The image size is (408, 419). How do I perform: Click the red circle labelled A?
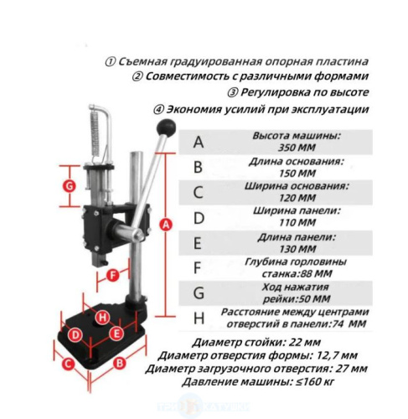[x=166, y=225]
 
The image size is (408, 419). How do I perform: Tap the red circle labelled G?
[x=69, y=186]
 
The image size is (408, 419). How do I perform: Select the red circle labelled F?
[x=113, y=276]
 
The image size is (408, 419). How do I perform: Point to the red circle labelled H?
[x=102, y=318]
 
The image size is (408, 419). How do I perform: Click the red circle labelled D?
[x=75, y=335]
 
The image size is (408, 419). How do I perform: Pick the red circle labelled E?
[x=116, y=334]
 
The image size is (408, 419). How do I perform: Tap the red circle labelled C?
[x=68, y=365]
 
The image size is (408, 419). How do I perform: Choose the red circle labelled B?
[x=119, y=364]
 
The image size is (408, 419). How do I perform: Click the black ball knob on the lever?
[x=166, y=128]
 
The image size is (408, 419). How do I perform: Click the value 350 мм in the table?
[x=297, y=147]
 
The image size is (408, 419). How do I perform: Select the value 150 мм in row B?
[x=297, y=173]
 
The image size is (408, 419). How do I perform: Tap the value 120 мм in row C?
[x=297, y=198]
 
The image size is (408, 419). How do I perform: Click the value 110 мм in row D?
[x=297, y=223]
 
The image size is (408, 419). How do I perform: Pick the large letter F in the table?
[x=197, y=268]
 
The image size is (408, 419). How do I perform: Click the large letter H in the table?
[x=199, y=318]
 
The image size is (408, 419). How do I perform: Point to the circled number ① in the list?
[x=110, y=62]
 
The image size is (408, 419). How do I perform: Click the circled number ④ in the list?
[x=158, y=110]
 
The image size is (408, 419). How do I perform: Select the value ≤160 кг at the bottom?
[x=316, y=381]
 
